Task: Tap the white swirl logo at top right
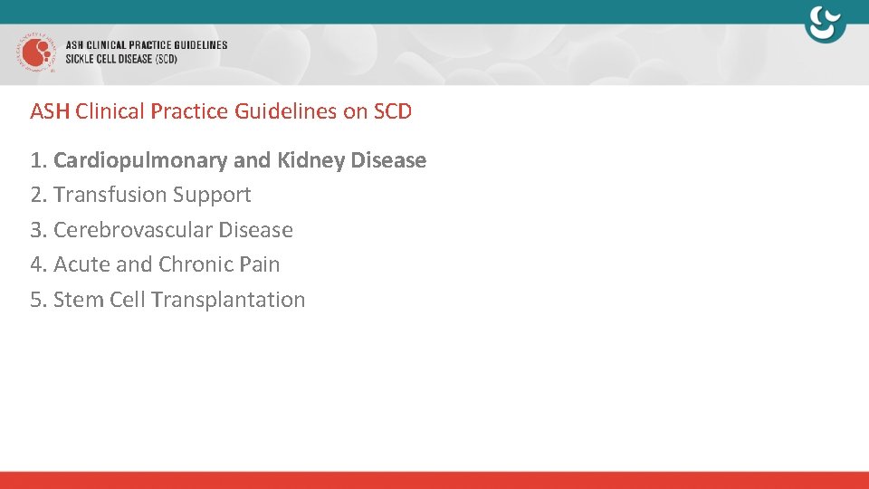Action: pyautogui.click(x=825, y=24)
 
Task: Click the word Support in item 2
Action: pyautogui.click(x=212, y=195)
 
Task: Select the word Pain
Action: pyautogui.click(x=260, y=264)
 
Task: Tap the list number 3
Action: pyautogui.click(x=36, y=230)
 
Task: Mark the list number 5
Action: pyautogui.click(x=36, y=300)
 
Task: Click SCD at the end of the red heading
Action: pyautogui.click(x=392, y=111)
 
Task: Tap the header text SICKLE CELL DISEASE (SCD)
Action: pyautogui.click(x=121, y=59)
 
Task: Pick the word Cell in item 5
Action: pyautogui.click(x=128, y=300)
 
